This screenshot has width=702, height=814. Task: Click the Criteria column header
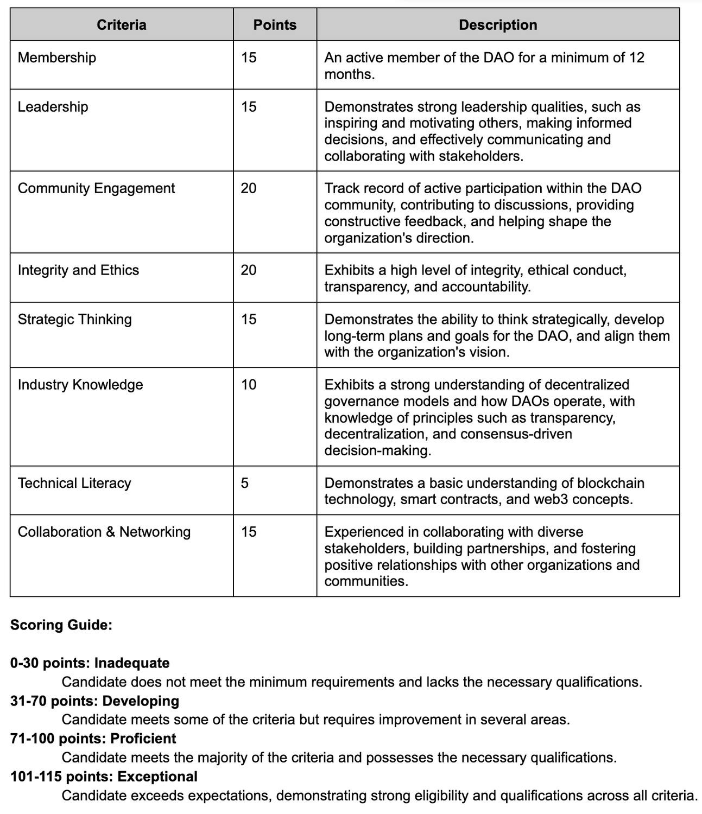(x=121, y=25)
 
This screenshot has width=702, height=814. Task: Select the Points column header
(x=275, y=25)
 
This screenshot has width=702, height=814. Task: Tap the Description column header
(x=498, y=25)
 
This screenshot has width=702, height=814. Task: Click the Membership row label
(x=57, y=58)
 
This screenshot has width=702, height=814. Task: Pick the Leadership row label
(x=53, y=106)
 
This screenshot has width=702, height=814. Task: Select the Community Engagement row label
(x=96, y=188)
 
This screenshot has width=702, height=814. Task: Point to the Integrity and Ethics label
(x=78, y=270)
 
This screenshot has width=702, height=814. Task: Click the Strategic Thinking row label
(x=75, y=319)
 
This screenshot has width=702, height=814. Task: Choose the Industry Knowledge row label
(x=80, y=385)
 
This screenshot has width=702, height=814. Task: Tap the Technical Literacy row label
(x=74, y=483)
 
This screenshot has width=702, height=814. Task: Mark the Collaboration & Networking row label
(x=104, y=532)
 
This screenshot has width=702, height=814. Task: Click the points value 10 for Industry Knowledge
(x=249, y=385)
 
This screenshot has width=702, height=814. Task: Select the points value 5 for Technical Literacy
(x=245, y=483)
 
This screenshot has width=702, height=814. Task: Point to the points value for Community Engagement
(x=249, y=188)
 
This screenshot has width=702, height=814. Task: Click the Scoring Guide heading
(x=61, y=625)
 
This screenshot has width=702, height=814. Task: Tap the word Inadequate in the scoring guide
(x=132, y=663)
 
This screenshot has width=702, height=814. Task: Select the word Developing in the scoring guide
(x=141, y=701)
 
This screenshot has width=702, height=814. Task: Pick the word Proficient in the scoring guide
(x=143, y=739)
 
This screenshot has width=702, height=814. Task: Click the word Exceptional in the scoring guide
(x=157, y=777)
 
